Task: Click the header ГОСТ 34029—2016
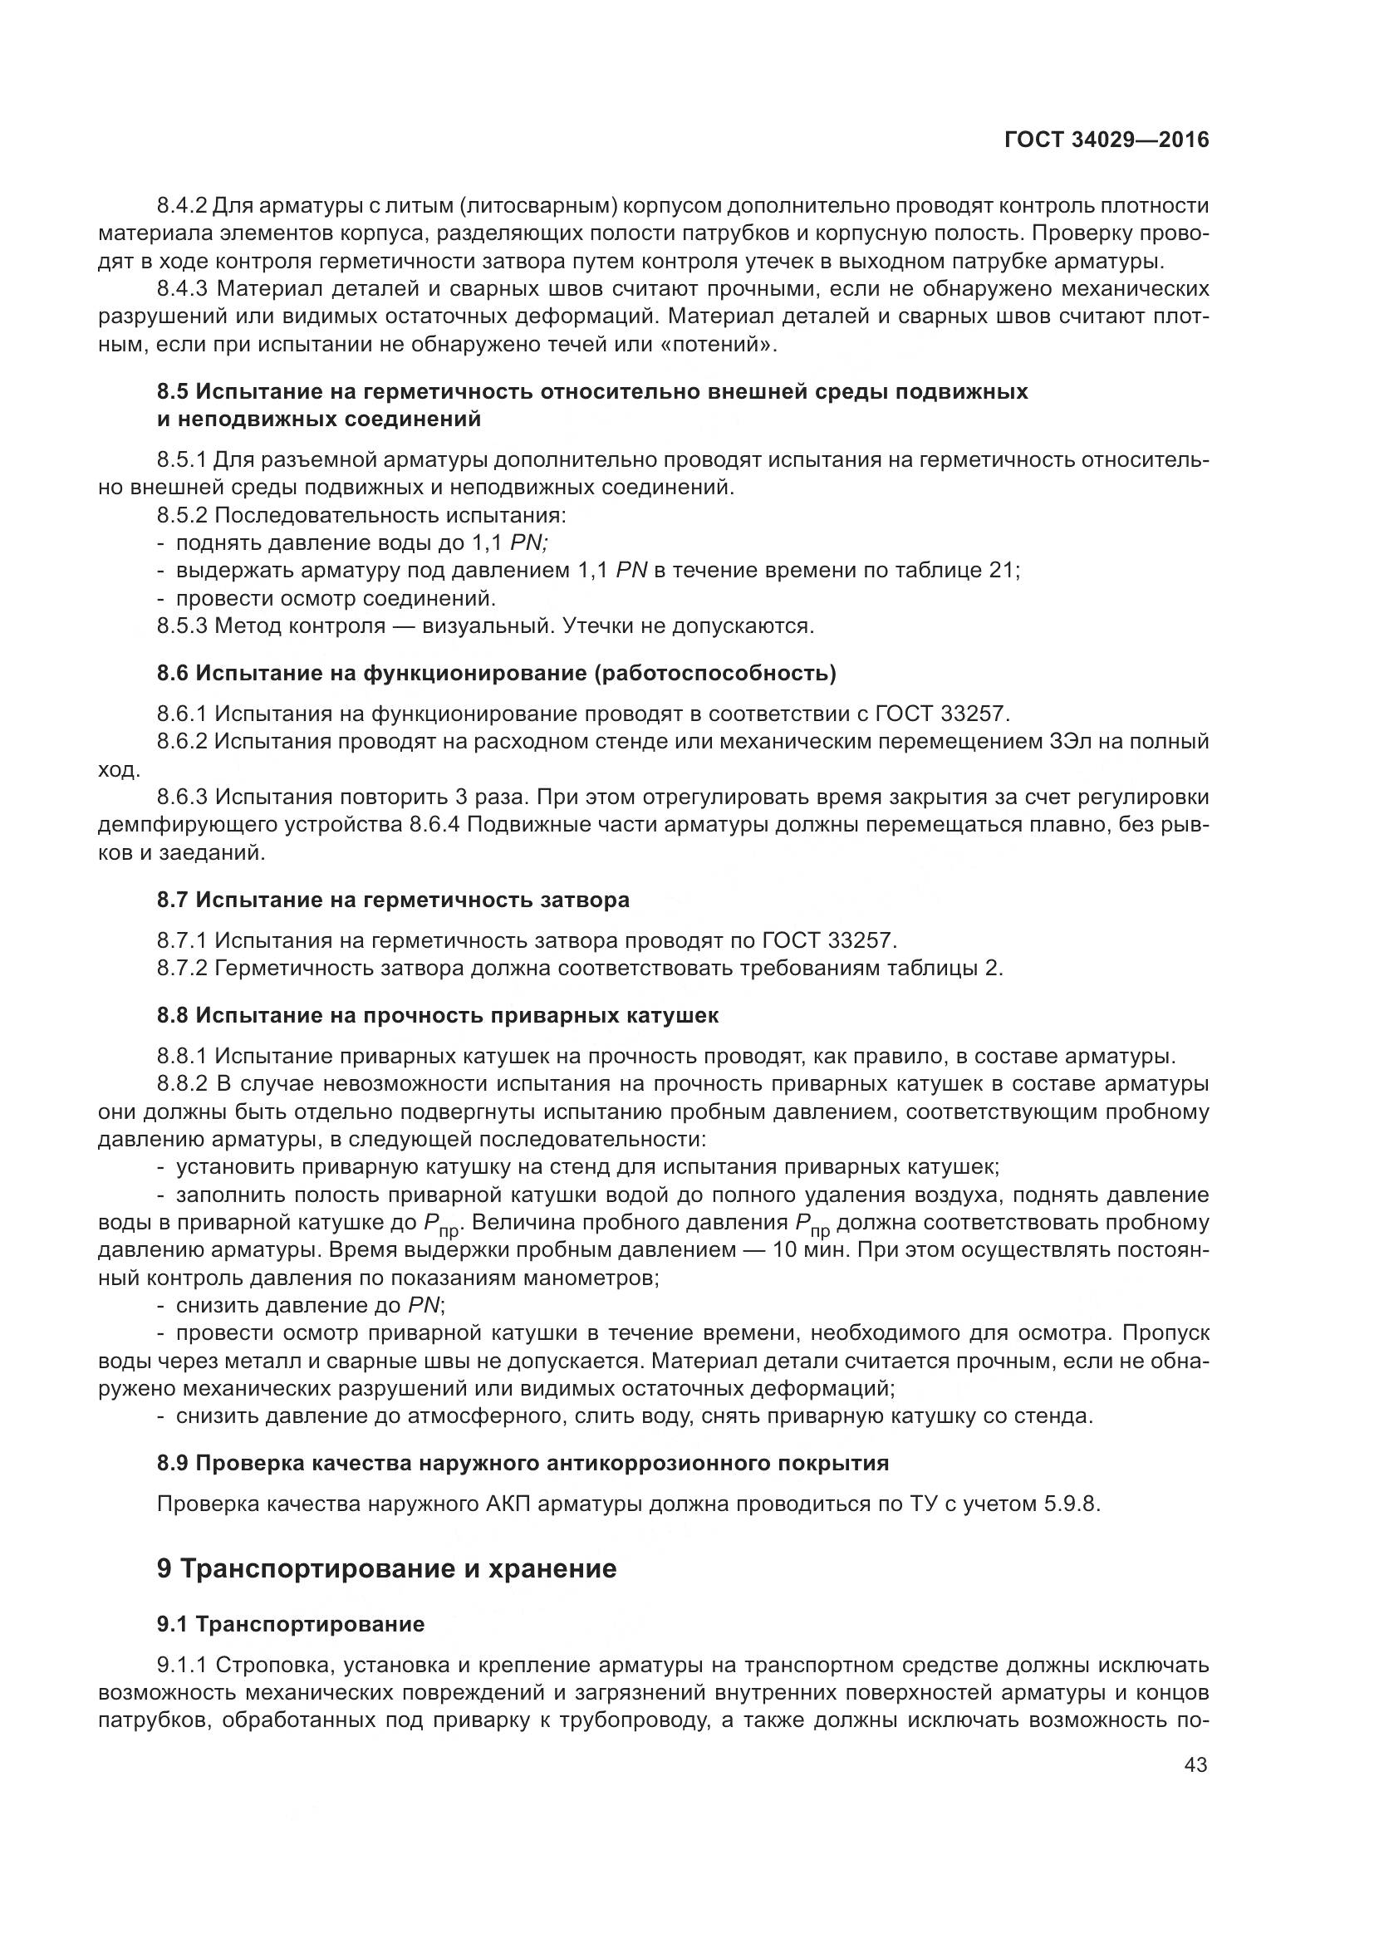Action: tap(1106, 140)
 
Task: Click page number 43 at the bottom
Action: tap(1195, 1764)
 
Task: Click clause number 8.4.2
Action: tap(182, 206)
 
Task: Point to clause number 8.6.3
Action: tap(182, 797)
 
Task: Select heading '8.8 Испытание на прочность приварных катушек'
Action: tap(438, 1015)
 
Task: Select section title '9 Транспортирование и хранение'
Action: tap(386, 1569)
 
